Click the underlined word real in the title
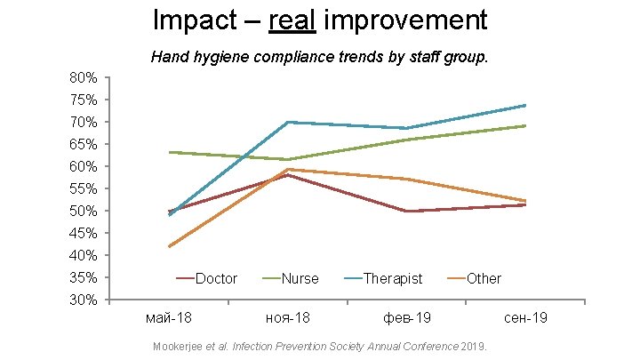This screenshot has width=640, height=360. [291, 20]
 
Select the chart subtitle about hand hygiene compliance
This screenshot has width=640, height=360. [319, 58]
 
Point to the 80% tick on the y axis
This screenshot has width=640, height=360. [84, 77]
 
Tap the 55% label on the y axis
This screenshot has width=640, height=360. [84, 188]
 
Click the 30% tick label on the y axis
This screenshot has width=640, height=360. [84, 300]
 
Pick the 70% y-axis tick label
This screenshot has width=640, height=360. [84, 122]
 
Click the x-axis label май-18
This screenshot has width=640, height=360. [168, 317]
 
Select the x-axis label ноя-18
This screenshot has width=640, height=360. [287, 317]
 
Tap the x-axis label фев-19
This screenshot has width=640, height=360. [405, 317]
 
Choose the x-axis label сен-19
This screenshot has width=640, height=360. [524, 317]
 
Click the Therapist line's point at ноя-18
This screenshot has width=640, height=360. [287, 122]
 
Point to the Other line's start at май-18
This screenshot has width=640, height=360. [169, 246]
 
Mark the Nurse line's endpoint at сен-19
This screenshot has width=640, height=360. [524, 125]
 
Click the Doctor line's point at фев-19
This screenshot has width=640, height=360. [405, 211]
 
